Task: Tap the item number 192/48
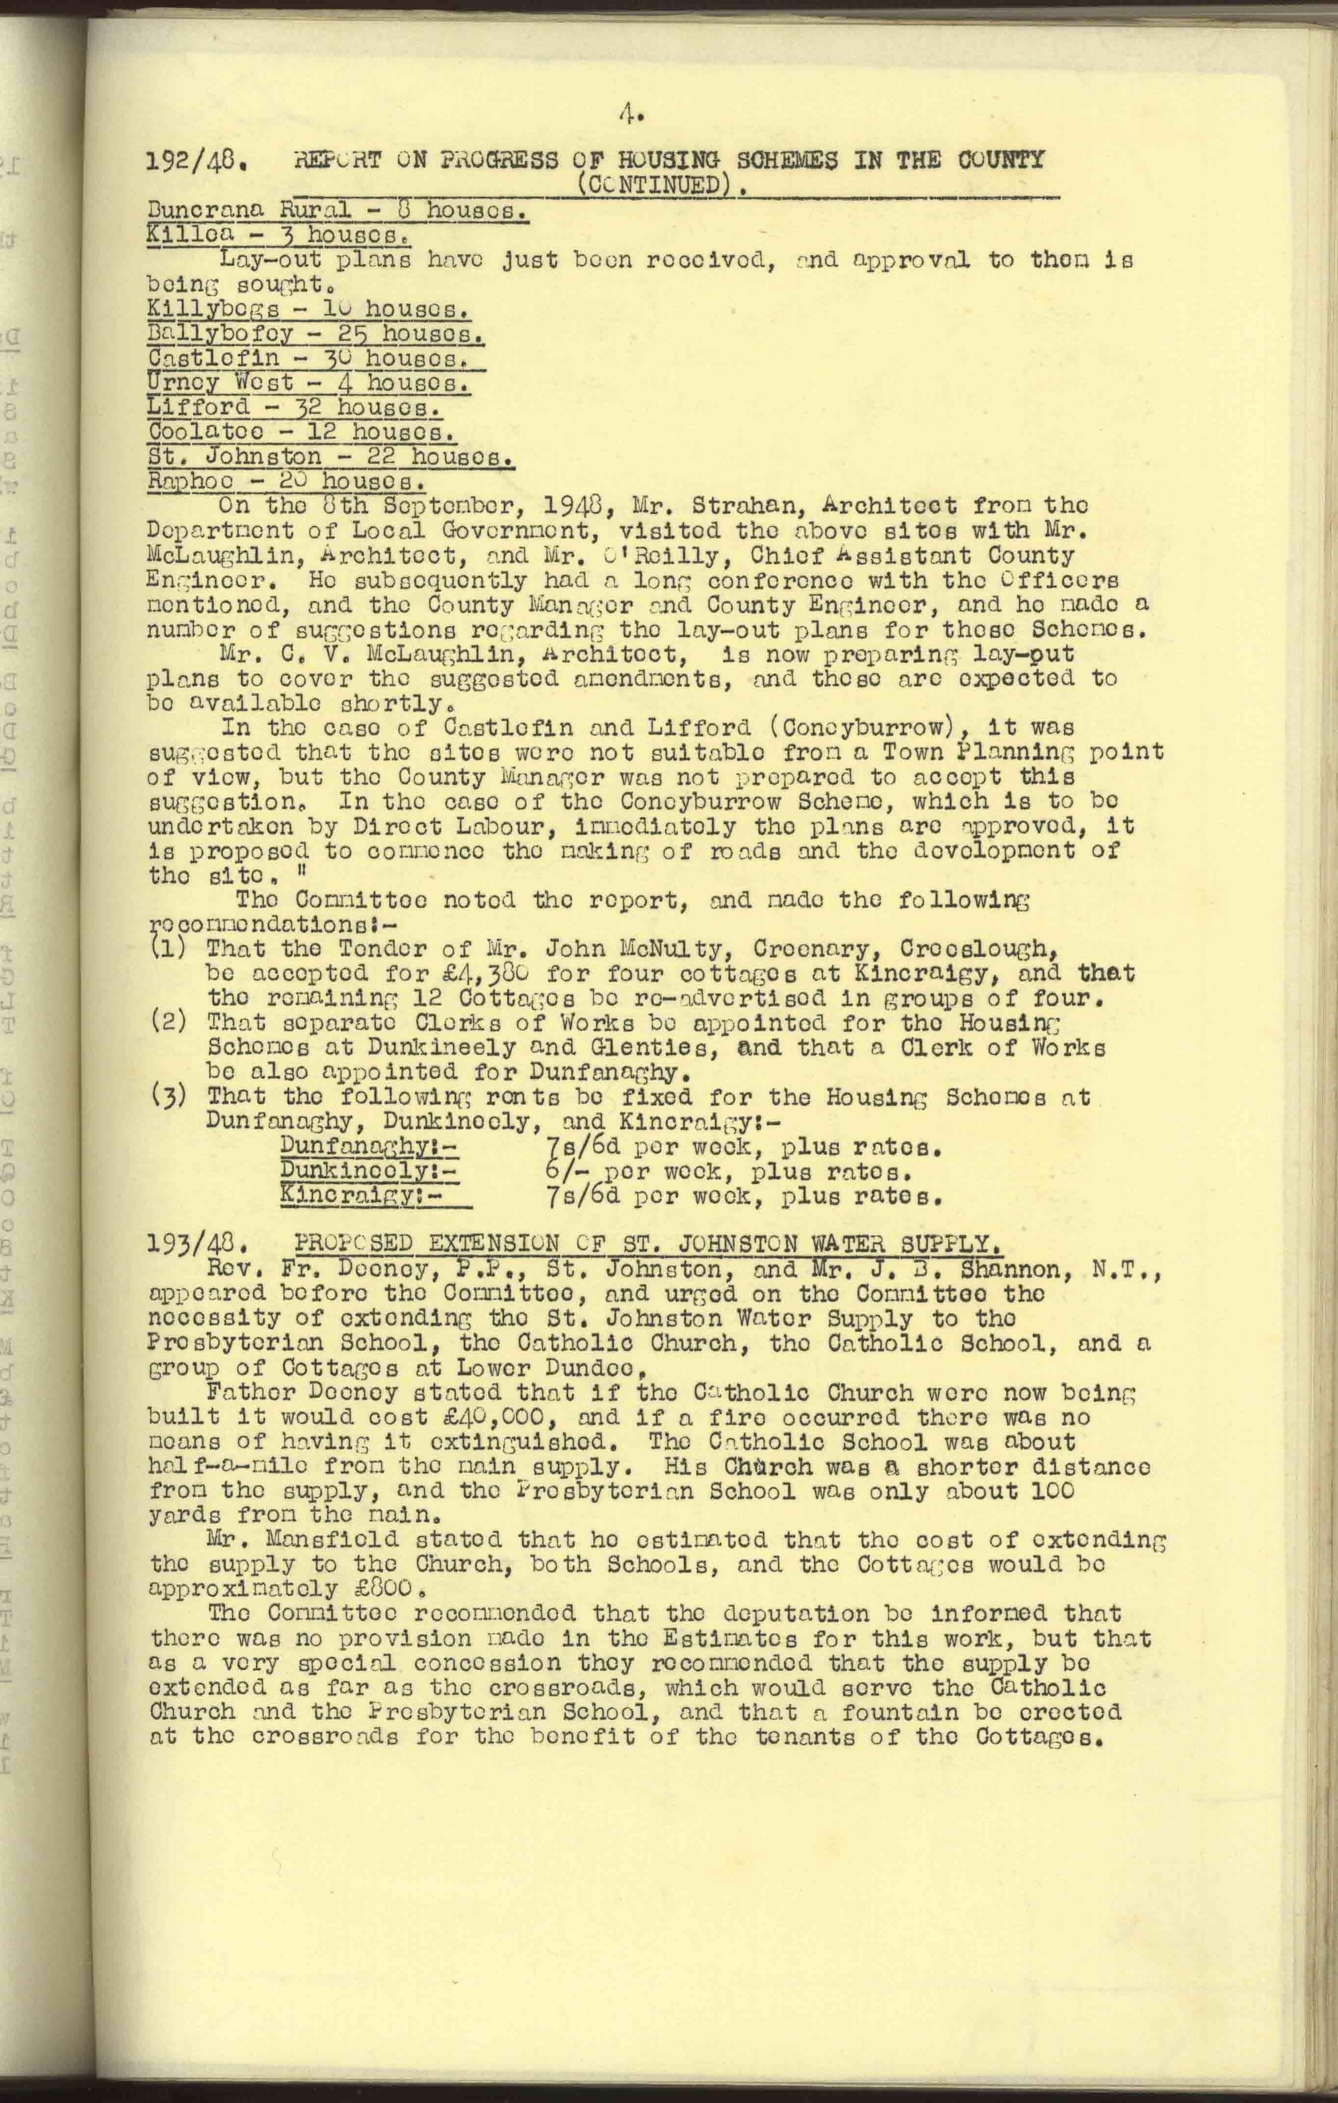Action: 197,161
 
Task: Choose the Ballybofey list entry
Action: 316,335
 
